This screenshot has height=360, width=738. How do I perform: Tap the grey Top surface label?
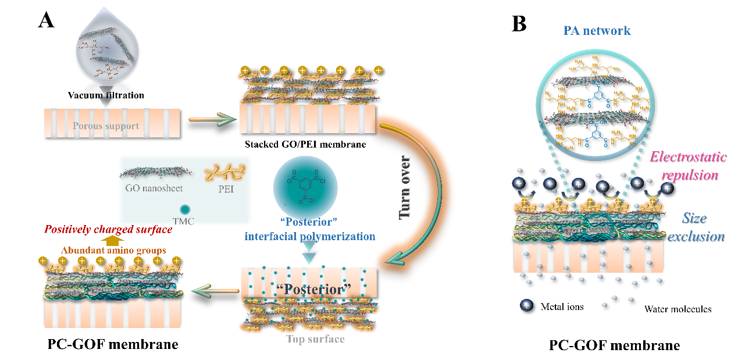pos(315,338)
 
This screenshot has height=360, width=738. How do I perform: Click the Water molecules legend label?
pos(678,309)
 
